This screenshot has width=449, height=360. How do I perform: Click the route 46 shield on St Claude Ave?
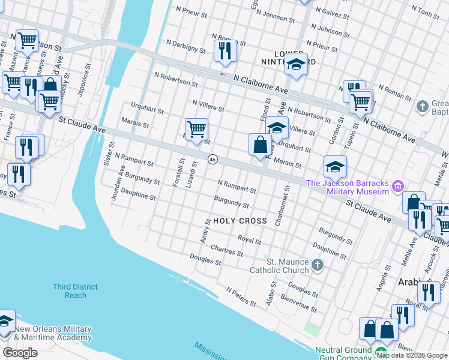pos(212,160)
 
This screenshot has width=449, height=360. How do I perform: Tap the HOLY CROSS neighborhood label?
pos(240,221)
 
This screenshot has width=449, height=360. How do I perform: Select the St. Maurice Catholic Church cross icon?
pos(318,264)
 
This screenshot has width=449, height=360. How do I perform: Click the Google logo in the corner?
pos(20,353)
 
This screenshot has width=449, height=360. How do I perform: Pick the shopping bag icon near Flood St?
pos(259,145)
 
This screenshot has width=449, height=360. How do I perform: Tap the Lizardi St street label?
pos(193,173)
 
